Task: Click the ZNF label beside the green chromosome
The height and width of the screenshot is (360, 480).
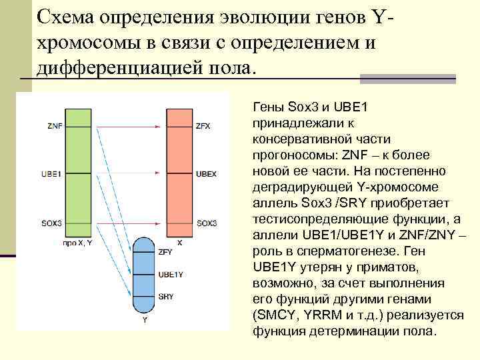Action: (55, 125)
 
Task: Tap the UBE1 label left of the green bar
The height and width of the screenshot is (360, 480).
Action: (55, 174)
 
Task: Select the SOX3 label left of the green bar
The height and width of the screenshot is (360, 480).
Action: (55, 223)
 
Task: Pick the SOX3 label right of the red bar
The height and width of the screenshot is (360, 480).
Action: (207, 223)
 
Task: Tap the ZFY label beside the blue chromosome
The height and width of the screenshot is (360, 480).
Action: (165, 253)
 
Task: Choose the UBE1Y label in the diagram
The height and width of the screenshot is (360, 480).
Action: (171, 274)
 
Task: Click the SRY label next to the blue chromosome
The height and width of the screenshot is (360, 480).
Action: (166, 296)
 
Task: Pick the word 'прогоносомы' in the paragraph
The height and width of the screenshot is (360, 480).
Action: (288, 155)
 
